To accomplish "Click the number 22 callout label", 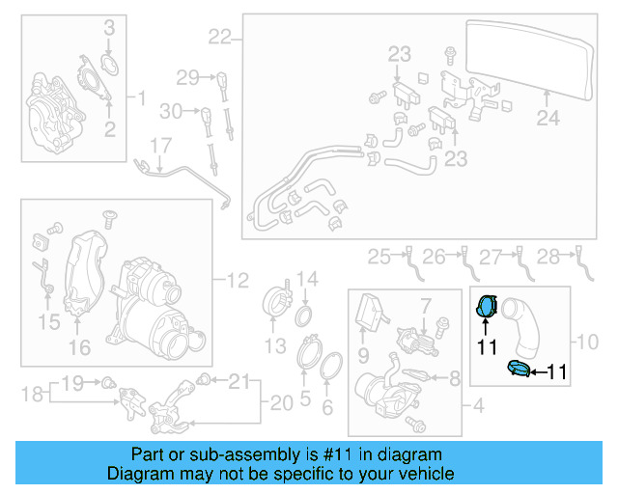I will pyautogui.click(x=220, y=38).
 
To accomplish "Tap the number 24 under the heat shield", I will pyautogui.click(x=548, y=119).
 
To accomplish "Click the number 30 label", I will pyautogui.click(x=170, y=112).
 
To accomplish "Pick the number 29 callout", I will pyautogui.click(x=186, y=77).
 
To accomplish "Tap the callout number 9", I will pyautogui.click(x=363, y=356).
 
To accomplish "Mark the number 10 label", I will pyautogui.click(x=587, y=342).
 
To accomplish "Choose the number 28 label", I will pyautogui.click(x=548, y=256).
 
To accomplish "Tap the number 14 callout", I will pyautogui.click(x=306, y=280).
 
